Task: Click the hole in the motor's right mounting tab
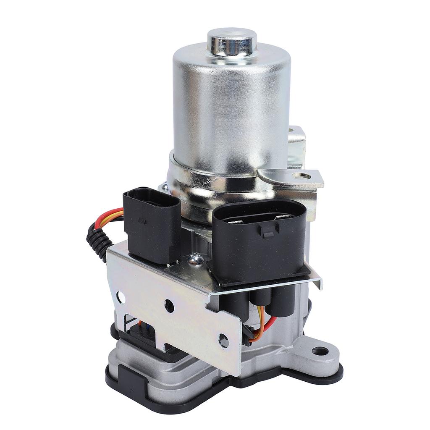[301, 176]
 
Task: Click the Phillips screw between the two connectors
[196, 260]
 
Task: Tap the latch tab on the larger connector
[269, 229]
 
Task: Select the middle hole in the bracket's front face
[169, 306]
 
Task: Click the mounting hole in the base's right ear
[320, 351]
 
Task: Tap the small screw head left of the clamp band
[163, 186]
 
